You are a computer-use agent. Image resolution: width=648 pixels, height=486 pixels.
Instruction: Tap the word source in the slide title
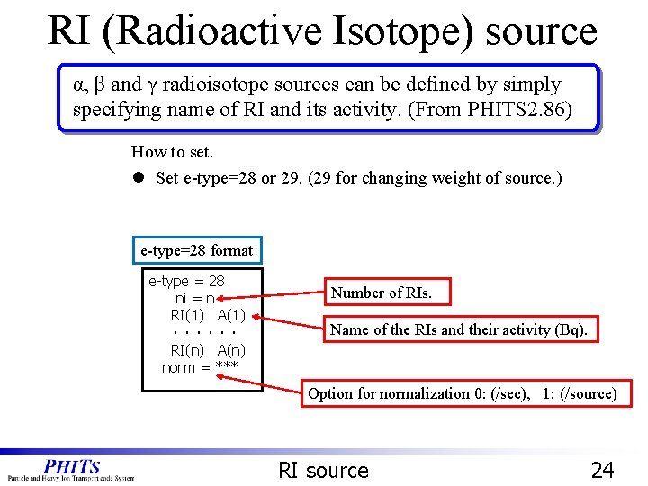[541, 31]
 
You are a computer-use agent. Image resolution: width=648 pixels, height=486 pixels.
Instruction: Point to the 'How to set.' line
[172, 152]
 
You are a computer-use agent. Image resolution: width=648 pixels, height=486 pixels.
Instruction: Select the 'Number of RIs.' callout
[382, 292]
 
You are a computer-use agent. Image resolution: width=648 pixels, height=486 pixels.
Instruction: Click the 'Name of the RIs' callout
[458, 329]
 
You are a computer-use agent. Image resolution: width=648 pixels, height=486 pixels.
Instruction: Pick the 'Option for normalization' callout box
[463, 393]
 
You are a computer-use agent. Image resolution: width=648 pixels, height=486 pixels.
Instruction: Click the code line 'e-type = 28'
[186, 281]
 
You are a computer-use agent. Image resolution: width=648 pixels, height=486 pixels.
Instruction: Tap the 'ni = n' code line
[194, 298]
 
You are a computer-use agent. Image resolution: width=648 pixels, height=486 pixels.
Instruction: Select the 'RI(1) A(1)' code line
[208, 315]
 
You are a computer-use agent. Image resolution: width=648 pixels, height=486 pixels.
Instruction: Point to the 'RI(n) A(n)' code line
[208, 350]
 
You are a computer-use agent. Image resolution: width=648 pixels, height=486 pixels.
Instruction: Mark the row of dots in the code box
[208, 333]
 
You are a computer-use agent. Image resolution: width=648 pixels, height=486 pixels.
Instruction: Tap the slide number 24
[602, 469]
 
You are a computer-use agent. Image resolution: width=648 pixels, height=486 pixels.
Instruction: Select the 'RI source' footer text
[324, 470]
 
